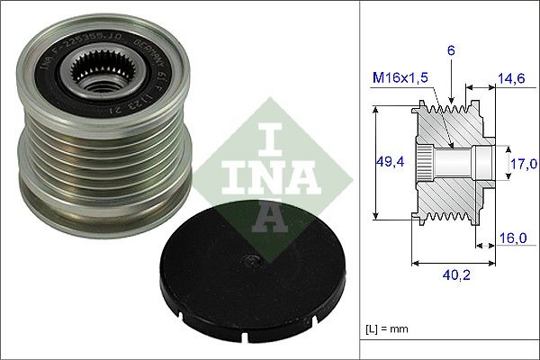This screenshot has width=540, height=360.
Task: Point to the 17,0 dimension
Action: tap(525, 163)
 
